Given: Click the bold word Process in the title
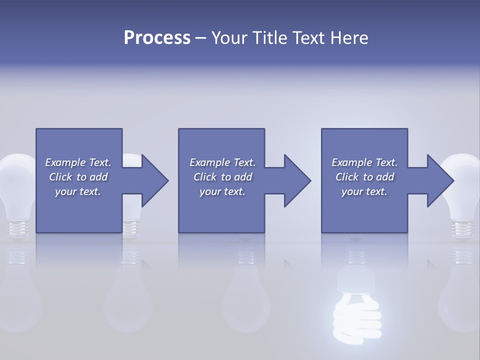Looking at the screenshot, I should (157, 38).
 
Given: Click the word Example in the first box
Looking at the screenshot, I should (65, 162).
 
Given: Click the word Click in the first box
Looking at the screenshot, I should (60, 177).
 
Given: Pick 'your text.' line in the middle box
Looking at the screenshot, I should (222, 191).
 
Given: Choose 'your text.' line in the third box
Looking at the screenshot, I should (364, 191).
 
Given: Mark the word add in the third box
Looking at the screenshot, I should (385, 177).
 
